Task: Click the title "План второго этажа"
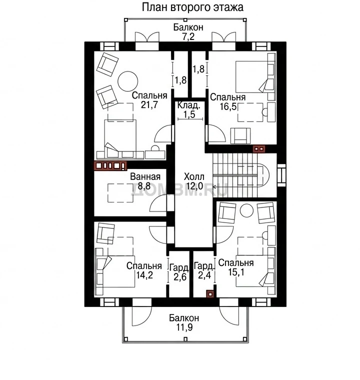coord(192,7)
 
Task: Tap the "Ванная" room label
coord(145,176)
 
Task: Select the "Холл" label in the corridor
coord(194,176)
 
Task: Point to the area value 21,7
coord(149,105)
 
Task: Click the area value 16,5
coord(228,106)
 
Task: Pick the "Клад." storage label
coord(189,105)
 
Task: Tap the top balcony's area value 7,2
coord(188,37)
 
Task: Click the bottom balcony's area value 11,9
coord(184,327)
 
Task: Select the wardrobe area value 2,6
coord(180,276)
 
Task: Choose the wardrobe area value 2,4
coord(204,275)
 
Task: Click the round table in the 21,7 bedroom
coord(128,81)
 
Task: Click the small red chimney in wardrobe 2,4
coord(210,294)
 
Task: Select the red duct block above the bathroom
coord(110,165)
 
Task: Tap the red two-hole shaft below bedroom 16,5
coord(259,149)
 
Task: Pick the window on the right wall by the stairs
coord(281,175)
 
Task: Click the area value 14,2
coord(144,275)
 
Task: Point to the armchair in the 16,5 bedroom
coord(240,135)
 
